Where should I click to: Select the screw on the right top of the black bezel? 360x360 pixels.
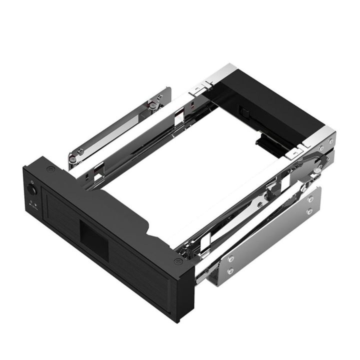176,261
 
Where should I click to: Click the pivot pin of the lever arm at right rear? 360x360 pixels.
317,170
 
